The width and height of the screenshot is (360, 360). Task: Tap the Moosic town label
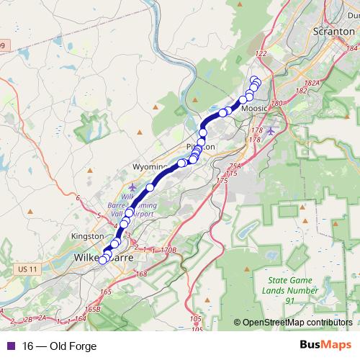[255, 109]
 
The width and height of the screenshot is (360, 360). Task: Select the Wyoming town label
[149, 166]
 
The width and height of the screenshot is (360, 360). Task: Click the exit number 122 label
[261, 54]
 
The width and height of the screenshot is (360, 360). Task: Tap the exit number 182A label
[311, 84]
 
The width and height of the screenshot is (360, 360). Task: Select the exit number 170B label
[168, 250]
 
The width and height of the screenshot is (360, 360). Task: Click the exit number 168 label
[141, 274]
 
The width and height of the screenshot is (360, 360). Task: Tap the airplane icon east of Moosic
[270, 130]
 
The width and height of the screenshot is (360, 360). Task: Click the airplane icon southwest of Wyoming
[131, 187]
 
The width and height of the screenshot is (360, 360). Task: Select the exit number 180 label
[278, 103]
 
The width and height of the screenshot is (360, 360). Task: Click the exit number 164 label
[80, 318]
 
